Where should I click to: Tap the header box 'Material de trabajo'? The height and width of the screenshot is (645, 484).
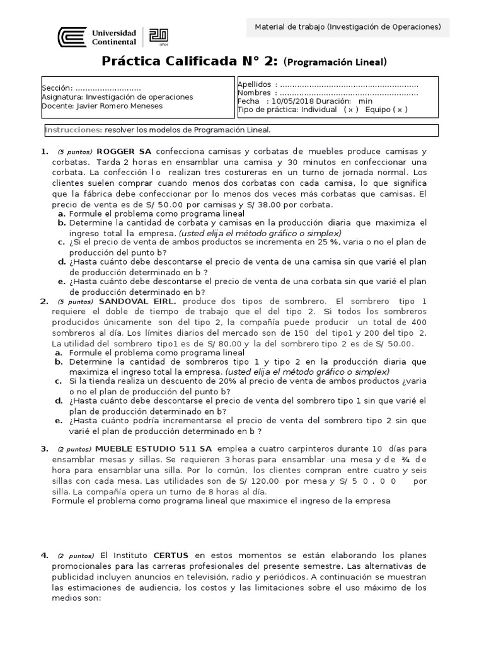(x=347, y=26)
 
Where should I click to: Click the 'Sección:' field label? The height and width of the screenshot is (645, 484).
(x=57, y=88)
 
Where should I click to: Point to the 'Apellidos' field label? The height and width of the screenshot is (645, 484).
(x=255, y=84)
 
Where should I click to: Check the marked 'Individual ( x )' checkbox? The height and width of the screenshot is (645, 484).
(x=351, y=109)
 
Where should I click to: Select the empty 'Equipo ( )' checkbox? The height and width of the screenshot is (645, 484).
(x=395, y=109)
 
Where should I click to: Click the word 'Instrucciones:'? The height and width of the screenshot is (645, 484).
(x=73, y=130)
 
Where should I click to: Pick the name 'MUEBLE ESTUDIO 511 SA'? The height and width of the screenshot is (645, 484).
(x=153, y=448)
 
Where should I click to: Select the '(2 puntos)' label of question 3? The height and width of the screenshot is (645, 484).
(x=74, y=449)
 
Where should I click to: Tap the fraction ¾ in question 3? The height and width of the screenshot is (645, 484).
(x=406, y=459)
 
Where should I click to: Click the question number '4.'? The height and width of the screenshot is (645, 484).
(x=44, y=556)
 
